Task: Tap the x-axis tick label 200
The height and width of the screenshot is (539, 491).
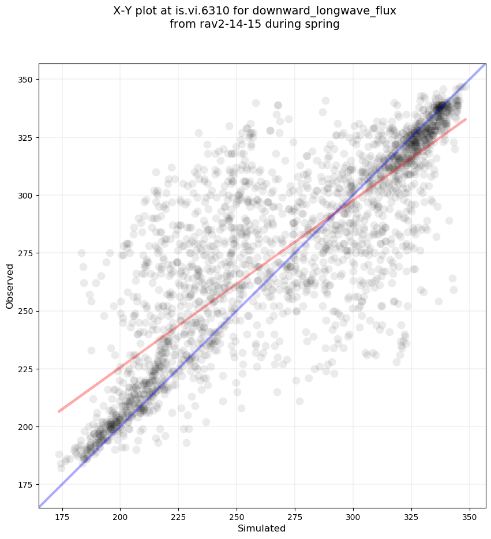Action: [120, 516]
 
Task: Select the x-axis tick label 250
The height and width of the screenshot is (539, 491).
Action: [237, 516]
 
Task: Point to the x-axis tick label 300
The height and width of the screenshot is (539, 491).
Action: [353, 516]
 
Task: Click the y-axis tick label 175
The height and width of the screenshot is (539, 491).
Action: [25, 484]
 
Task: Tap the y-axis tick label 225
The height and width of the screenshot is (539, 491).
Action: [25, 369]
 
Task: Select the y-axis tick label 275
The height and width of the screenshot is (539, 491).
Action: [25, 253]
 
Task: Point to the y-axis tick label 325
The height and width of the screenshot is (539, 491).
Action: [25, 138]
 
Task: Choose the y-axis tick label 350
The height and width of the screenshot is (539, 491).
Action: [25, 80]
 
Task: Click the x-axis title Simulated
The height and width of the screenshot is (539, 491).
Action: [262, 528]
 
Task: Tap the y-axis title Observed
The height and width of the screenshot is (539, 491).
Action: [10, 286]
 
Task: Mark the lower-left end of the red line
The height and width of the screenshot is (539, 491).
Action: [58, 411]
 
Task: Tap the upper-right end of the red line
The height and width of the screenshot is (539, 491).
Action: [466, 119]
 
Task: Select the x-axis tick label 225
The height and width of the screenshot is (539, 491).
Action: [178, 516]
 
